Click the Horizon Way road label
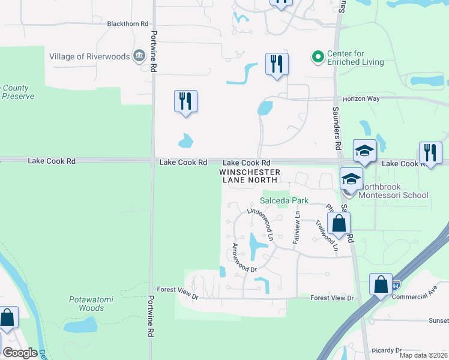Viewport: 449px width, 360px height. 362,98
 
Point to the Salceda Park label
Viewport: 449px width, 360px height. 284,200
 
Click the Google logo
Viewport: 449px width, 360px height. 20,353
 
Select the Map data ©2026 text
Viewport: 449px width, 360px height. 423,355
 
